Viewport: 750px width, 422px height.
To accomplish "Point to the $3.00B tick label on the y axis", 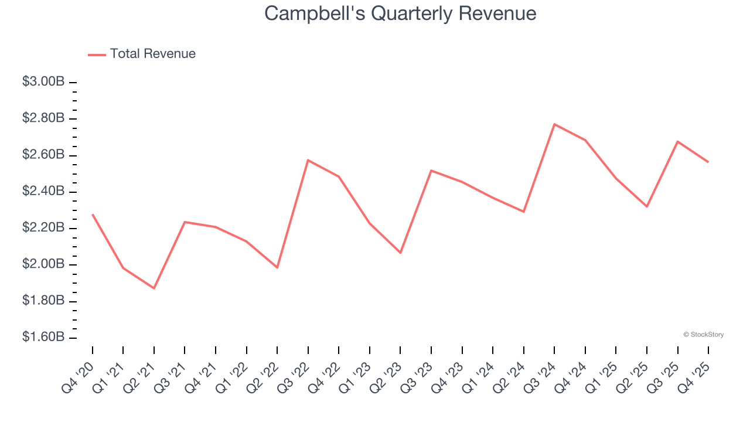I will point(43,82).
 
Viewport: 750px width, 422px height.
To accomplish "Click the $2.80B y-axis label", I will point(43,118).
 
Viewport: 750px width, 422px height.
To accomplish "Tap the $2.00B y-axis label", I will point(43,264).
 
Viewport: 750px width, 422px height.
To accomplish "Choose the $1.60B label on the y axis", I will point(43,337).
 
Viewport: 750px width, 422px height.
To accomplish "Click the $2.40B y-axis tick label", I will point(43,191).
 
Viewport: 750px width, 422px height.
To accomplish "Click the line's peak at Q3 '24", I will point(554,124).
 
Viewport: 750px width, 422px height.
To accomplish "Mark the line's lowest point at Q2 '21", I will point(154,288).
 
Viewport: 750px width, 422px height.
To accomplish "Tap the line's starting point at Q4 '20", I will point(93,215).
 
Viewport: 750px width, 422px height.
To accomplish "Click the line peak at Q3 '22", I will point(308,160).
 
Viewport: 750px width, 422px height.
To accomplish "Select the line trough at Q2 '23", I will point(400,253).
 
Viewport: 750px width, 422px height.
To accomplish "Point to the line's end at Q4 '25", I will point(708,162).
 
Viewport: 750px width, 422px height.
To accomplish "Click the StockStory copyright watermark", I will point(703,335).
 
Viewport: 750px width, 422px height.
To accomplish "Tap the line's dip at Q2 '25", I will point(647,206).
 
